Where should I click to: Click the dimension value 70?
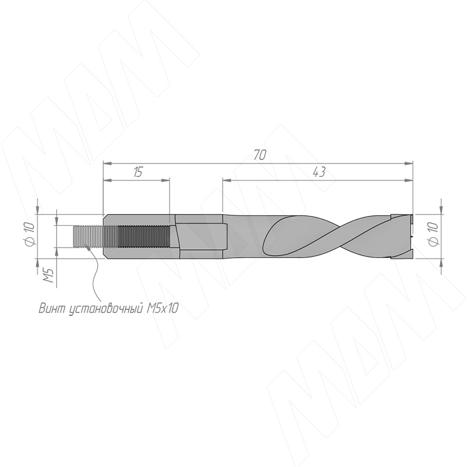[x=260, y=155]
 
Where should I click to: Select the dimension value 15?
[x=138, y=172]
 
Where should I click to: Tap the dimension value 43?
[x=319, y=172]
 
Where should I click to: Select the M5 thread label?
[x=48, y=275]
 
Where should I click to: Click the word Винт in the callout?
[x=52, y=309]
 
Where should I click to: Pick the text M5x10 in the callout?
[x=163, y=309]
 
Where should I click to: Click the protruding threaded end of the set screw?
[x=88, y=236]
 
